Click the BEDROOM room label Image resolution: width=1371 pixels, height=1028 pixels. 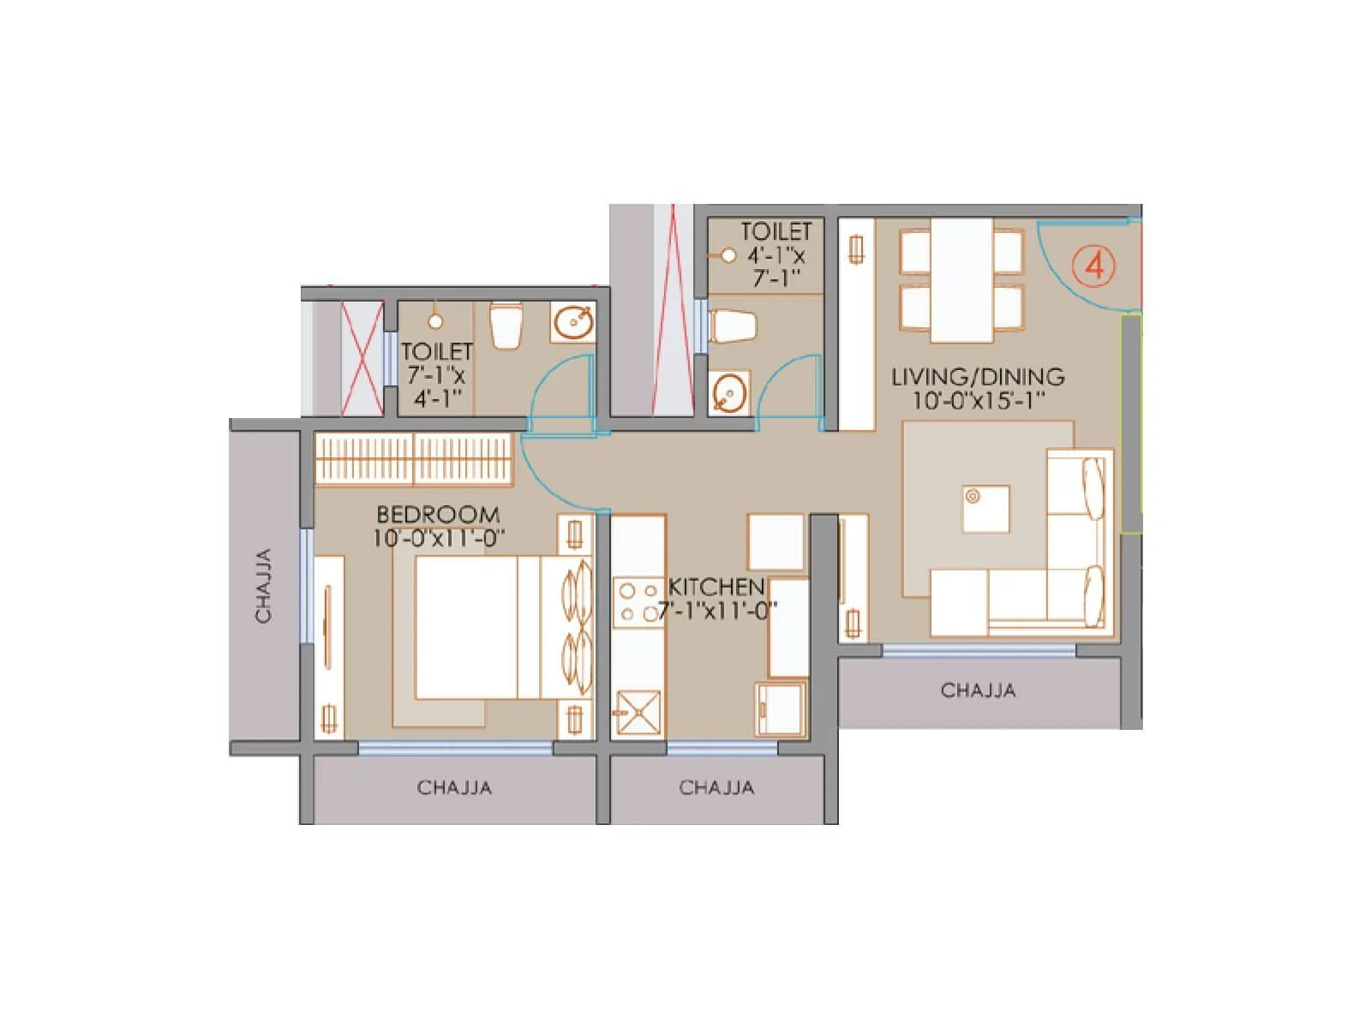click(x=438, y=515)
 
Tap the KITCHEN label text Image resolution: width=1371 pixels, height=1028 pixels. click(x=716, y=588)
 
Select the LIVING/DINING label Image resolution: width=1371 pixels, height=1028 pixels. click(x=978, y=377)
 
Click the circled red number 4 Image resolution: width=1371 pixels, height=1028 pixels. click(x=1094, y=266)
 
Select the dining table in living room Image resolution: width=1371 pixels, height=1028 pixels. click(x=961, y=280)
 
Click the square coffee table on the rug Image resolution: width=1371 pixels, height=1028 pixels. click(x=985, y=509)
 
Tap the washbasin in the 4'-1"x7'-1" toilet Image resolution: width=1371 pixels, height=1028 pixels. click(x=729, y=392)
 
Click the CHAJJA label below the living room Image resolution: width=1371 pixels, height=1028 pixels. click(x=978, y=690)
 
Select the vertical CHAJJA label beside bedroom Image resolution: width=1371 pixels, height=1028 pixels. click(x=263, y=585)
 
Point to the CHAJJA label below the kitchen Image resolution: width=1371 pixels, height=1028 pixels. click(x=716, y=787)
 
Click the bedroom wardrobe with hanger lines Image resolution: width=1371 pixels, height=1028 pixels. click(x=414, y=459)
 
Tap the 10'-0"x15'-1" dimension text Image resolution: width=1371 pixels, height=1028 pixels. click(x=978, y=401)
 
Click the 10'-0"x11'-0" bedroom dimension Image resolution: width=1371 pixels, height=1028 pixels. click(x=438, y=539)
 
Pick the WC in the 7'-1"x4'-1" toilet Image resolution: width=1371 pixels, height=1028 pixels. click(x=506, y=325)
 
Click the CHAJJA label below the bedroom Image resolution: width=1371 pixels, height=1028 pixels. click(x=454, y=787)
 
